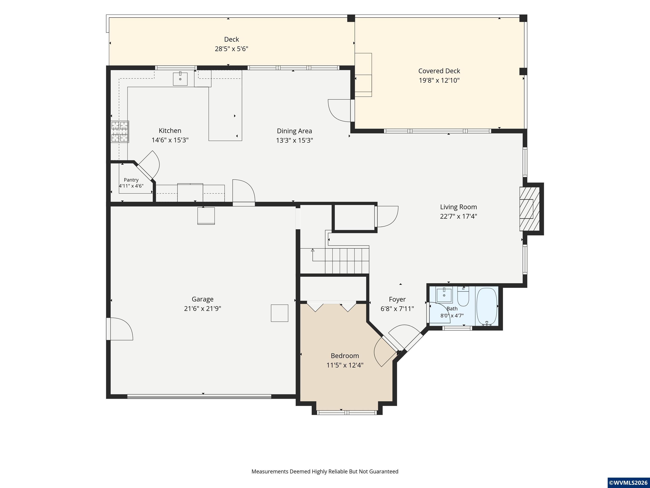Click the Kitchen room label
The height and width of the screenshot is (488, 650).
coord(170,131)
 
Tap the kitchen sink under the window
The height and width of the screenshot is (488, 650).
coord(180,79)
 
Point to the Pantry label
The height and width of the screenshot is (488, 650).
coord(131,180)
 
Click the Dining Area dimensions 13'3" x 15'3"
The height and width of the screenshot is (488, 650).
coord(295,140)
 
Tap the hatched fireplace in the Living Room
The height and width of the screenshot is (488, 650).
coord(530,209)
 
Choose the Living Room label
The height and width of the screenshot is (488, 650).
coord(459,207)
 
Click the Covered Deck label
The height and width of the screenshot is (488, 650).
coord(439,71)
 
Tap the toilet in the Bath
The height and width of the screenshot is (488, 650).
coord(463,297)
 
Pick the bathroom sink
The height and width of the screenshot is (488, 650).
coord(444,295)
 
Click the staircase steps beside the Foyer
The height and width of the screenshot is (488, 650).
coord(347,261)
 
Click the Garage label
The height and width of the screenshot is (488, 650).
coord(202,299)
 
